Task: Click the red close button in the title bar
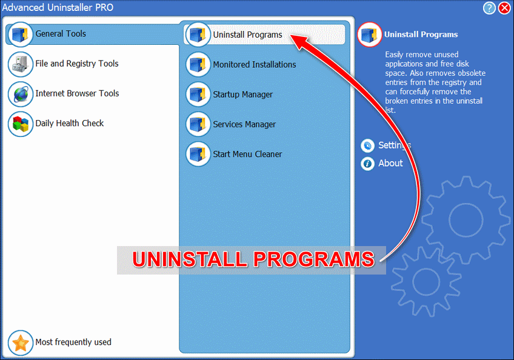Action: coord(504,8)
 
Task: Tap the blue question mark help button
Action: coord(490,8)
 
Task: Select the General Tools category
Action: coord(61,34)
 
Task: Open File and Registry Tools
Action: coord(76,64)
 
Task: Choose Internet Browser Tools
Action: coord(77,93)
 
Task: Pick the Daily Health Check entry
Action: coord(69,123)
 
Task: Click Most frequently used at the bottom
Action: coord(73,342)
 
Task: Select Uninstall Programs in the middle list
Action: coord(247,35)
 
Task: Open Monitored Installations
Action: coord(254,64)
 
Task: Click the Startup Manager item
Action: coord(242,95)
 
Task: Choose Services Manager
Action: coord(244,124)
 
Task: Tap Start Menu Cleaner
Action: coord(247,154)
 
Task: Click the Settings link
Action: coord(394,145)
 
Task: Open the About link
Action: coord(390,163)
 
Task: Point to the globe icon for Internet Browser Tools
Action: coord(21,94)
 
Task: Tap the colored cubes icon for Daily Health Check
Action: coord(21,124)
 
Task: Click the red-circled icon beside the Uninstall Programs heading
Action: coord(370,35)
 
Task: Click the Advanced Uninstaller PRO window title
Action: coord(58,8)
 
